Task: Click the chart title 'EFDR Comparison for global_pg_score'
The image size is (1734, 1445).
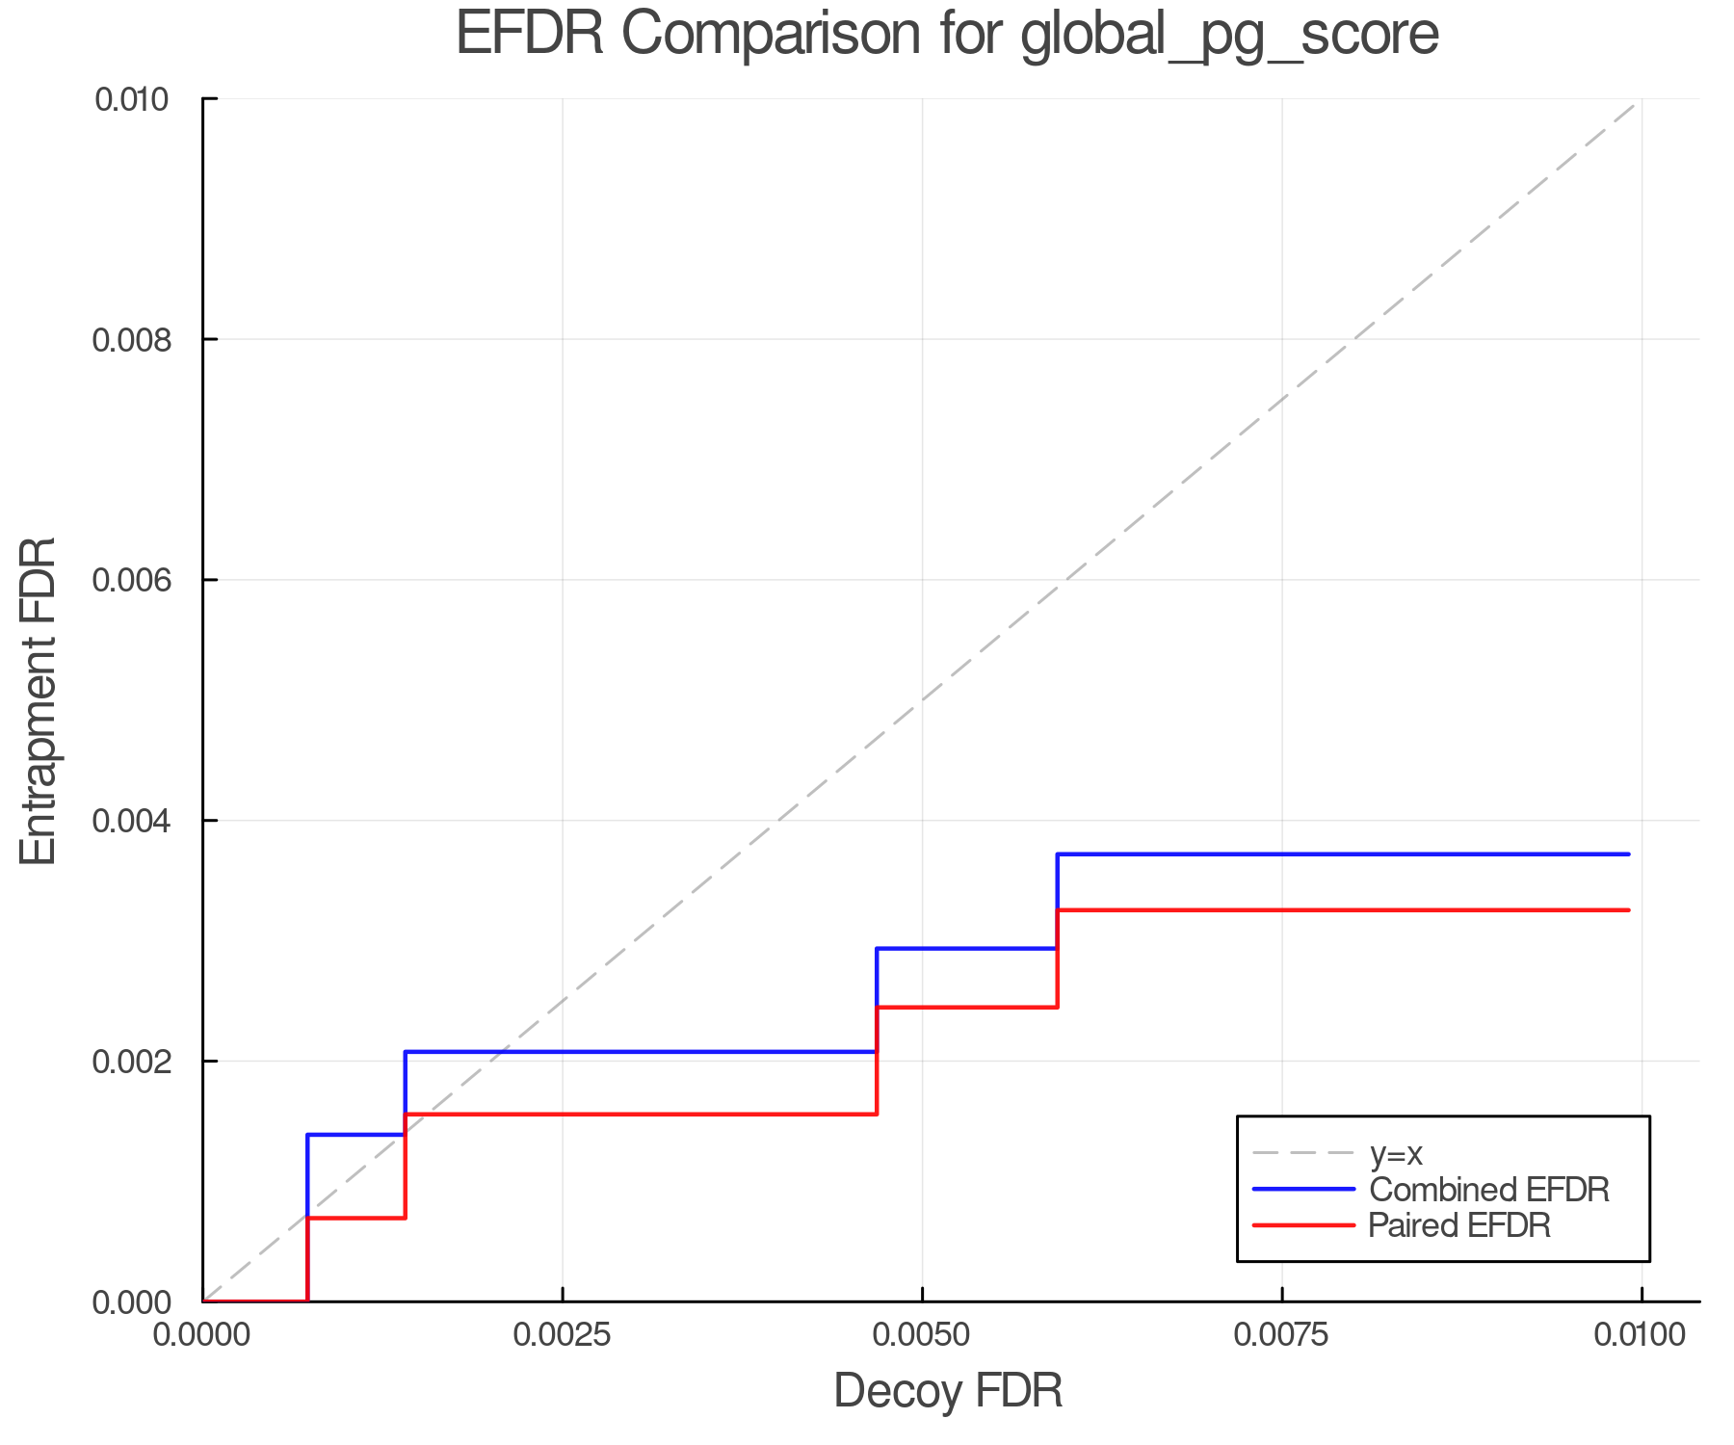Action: [x=947, y=35]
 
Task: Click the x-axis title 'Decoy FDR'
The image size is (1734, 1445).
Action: [x=948, y=1391]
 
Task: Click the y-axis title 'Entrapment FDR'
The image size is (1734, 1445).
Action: [x=39, y=701]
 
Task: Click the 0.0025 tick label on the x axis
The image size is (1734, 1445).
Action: [x=563, y=1335]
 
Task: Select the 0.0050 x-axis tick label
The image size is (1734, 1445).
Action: [x=923, y=1335]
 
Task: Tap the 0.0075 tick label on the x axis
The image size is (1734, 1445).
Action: [x=1282, y=1335]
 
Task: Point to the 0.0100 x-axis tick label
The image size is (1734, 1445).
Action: [x=1641, y=1335]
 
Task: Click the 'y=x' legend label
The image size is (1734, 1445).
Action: [x=1396, y=1153]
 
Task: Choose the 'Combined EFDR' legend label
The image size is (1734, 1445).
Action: [x=1488, y=1190]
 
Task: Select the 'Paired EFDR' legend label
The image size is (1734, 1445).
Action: [x=1459, y=1225]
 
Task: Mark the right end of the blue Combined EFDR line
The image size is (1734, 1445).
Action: [x=1628, y=854]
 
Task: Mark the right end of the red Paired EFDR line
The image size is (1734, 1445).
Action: [x=1628, y=910]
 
